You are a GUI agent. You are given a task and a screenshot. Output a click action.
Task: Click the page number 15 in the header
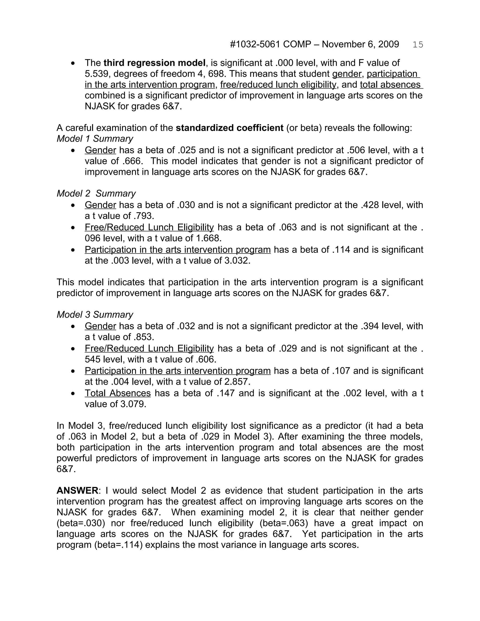point(418,45)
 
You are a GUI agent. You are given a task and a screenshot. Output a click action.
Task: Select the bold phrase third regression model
point(154,63)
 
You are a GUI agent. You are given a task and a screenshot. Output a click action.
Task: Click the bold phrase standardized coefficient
point(229,128)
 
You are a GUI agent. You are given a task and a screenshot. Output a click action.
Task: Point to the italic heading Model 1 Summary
point(95,139)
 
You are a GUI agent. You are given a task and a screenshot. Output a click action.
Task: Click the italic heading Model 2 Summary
point(96,193)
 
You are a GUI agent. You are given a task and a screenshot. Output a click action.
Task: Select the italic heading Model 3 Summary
point(95,314)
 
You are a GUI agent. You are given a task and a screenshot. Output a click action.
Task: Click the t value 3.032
point(237,260)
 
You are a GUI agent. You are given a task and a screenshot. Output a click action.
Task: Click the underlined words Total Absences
point(118,393)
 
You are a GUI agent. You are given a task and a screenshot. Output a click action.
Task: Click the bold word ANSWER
point(77,490)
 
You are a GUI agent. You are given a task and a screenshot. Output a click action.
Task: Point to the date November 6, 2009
point(360,44)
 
